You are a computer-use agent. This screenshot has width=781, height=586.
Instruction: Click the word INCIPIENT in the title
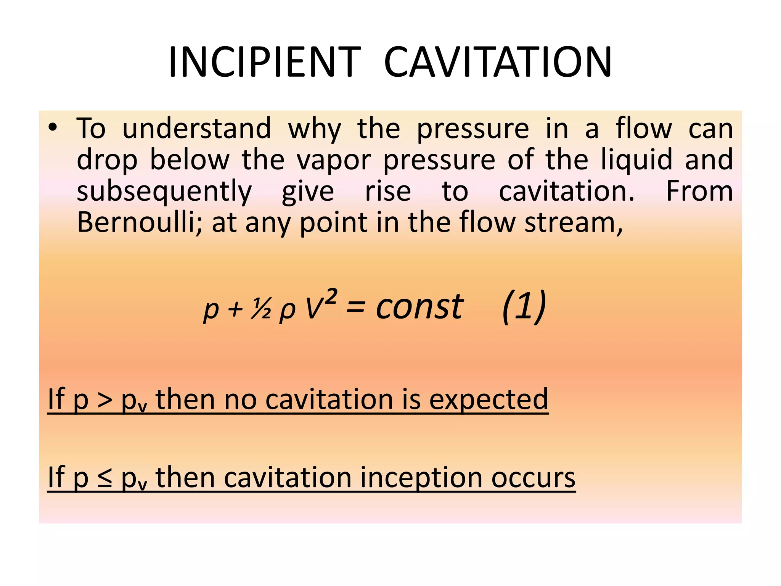264,62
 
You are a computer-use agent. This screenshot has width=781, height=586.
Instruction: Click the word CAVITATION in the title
498,62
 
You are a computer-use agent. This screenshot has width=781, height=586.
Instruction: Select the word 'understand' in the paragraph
197,129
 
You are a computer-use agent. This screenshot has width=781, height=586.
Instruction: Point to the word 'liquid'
636,160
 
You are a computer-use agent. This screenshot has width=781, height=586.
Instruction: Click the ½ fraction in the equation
261,309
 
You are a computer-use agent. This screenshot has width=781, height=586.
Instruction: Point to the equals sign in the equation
355,307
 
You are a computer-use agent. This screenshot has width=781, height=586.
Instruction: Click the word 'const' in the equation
419,307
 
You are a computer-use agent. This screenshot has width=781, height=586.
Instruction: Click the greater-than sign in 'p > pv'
104,400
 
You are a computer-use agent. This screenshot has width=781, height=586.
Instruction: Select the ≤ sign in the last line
104,478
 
